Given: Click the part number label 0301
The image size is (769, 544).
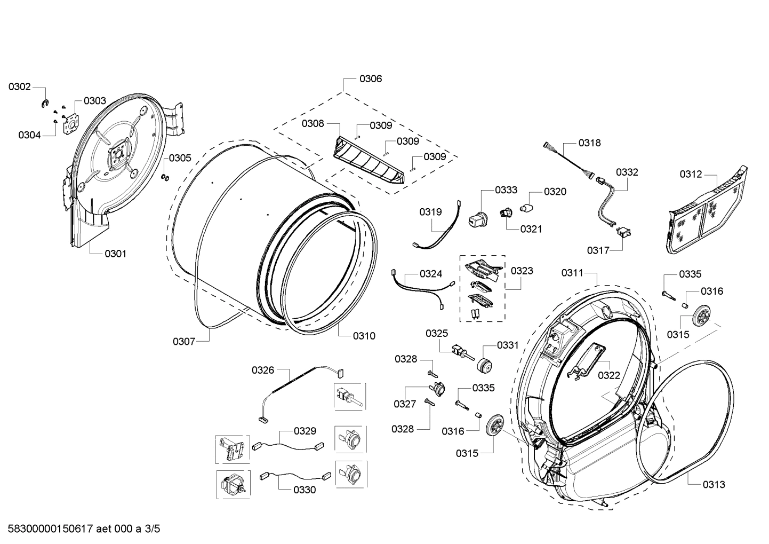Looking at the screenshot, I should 115,254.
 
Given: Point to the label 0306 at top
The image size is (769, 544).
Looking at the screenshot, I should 370,79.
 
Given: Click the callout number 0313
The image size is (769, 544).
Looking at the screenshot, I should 714,485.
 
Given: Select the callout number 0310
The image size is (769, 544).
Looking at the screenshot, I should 364,336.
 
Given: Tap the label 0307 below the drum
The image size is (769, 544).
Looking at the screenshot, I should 184,341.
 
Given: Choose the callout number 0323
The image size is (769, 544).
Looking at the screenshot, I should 522,271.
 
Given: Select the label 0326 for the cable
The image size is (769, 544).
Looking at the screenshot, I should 263,370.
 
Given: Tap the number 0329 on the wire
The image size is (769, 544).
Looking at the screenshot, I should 305,431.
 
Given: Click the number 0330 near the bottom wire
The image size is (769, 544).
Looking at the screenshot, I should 304,490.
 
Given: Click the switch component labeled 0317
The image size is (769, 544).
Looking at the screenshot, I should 622,232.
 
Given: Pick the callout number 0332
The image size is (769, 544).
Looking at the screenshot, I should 627,172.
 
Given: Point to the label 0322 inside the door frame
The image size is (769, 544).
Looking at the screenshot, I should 608,375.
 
